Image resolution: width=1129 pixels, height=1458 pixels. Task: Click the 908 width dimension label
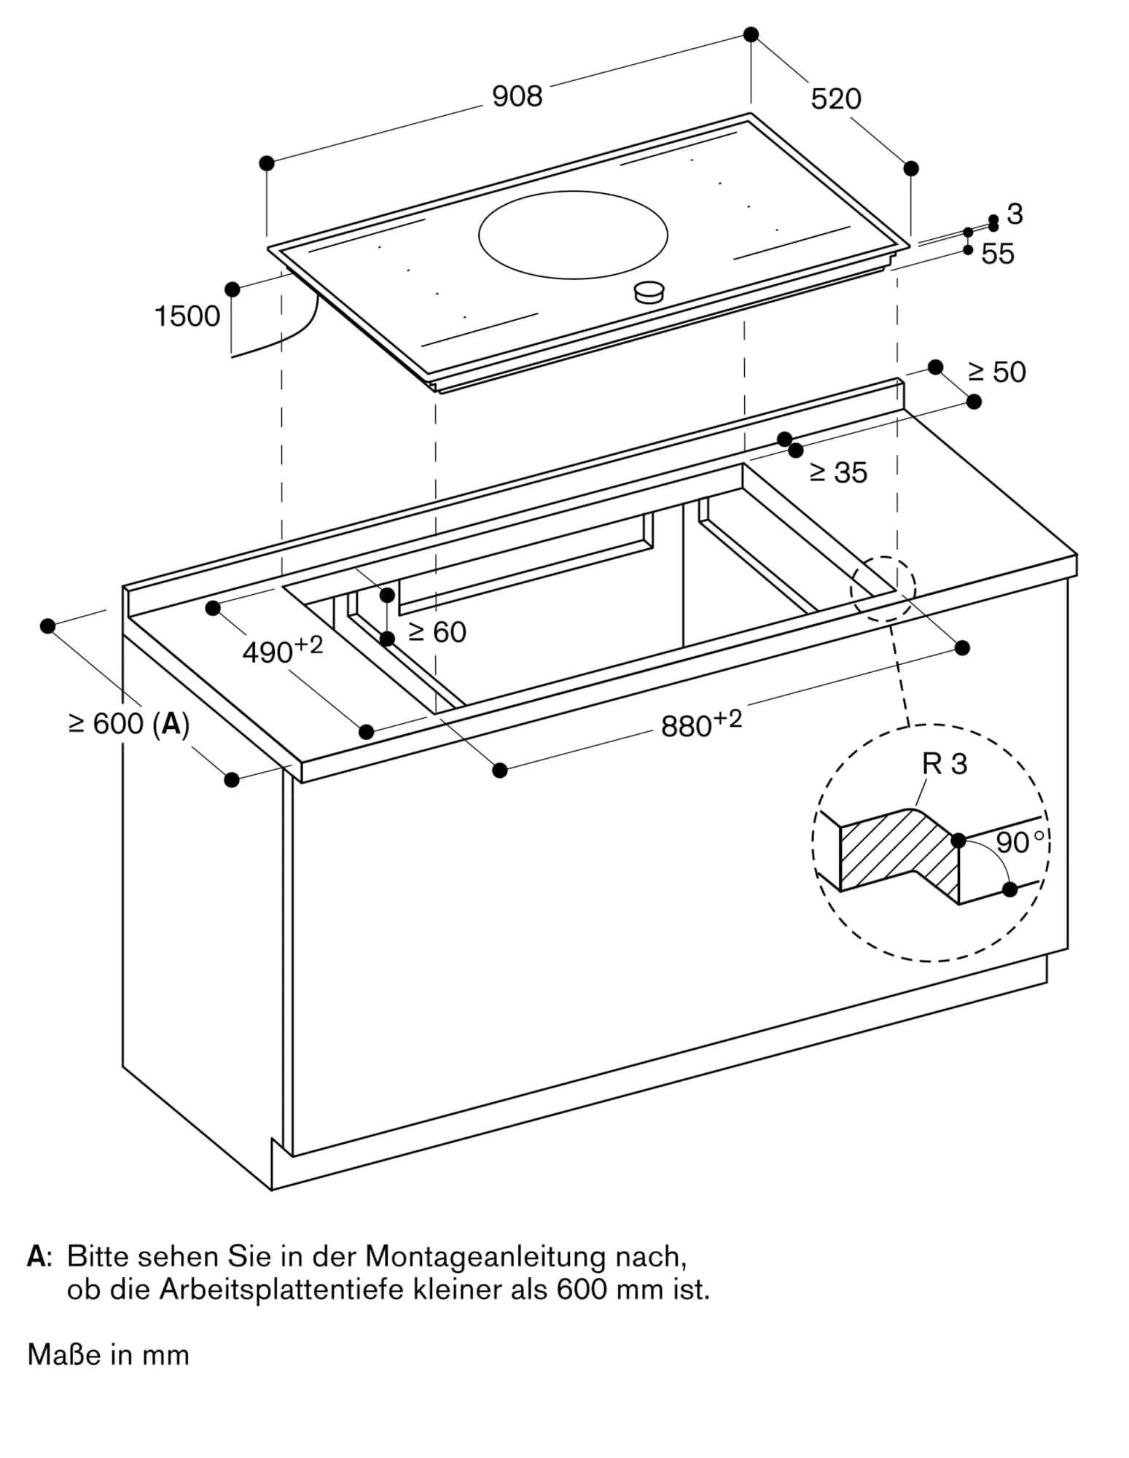517,97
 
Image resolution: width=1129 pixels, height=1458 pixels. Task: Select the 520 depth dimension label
835,99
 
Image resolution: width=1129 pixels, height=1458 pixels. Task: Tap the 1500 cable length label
187,317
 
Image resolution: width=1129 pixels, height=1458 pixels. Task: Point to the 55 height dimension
997,254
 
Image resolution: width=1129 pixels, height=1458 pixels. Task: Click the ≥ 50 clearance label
996,373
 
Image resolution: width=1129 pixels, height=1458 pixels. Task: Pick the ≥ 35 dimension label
838,473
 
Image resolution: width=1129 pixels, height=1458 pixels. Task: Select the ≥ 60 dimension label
437,632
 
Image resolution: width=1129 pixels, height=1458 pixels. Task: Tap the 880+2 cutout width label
700,725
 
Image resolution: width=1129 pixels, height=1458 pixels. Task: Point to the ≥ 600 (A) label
129,724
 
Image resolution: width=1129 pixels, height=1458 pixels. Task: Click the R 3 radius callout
944,764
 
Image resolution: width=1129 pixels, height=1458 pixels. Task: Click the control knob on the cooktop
649,292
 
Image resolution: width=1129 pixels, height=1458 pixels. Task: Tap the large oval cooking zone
573,235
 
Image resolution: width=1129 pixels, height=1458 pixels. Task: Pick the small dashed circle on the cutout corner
883,588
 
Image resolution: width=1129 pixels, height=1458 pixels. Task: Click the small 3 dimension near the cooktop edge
1015,214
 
